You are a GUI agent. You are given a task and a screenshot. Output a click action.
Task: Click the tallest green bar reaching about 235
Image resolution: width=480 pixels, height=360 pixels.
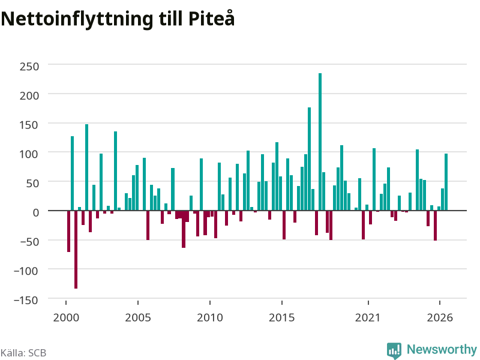point(320,142)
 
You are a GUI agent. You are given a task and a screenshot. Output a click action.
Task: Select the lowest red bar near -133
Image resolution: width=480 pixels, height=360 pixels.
point(76,250)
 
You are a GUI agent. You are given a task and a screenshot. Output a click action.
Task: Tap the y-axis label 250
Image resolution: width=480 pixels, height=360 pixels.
point(29,66)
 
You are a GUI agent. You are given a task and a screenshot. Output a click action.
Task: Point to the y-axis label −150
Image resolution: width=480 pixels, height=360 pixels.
point(26,300)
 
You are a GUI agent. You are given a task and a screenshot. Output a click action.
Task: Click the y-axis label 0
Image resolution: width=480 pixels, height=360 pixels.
point(36,212)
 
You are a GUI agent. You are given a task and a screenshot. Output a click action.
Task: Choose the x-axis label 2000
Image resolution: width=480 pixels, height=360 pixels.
point(66,317)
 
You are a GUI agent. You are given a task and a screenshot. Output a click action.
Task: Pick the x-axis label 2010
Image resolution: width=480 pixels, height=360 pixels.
point(210,317)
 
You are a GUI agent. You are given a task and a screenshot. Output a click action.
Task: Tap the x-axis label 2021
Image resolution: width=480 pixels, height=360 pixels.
point(368,317)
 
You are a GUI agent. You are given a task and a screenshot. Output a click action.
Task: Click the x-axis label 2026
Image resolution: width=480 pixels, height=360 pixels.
point(440,317)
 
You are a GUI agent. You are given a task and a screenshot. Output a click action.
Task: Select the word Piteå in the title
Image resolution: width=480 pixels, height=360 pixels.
point(212,19)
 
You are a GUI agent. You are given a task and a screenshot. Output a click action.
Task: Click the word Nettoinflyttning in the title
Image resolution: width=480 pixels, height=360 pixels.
point(77,19)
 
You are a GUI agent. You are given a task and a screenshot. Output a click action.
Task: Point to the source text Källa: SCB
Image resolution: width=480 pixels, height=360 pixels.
point(23,353)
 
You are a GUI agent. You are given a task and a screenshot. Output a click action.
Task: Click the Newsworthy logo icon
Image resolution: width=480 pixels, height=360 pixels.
point(394,350)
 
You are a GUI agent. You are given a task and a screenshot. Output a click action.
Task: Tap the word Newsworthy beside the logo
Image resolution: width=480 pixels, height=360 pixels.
point(442,349)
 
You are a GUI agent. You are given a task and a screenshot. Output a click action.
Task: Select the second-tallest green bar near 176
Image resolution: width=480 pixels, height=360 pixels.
point(309,159)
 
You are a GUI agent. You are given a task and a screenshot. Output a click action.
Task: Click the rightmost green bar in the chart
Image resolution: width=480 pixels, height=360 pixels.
point(446,182)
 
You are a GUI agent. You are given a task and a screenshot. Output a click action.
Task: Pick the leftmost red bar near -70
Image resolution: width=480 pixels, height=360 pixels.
point(69,231)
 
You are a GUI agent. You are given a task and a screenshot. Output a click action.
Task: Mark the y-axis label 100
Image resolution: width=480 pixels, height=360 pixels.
point(29,154)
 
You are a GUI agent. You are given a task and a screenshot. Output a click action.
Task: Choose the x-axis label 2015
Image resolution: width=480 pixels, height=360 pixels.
point(282,317)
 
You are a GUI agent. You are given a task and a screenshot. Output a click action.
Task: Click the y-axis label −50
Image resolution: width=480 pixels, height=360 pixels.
point(29,242)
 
